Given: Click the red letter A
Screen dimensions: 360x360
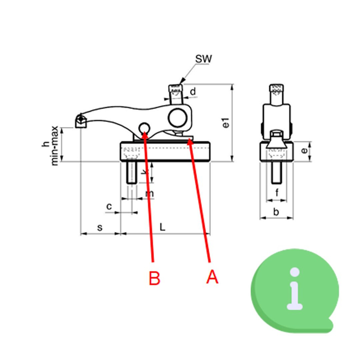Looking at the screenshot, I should point(212,277).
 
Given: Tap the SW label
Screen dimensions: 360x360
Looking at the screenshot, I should point(203,59).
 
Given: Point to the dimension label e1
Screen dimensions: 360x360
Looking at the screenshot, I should point(226,124).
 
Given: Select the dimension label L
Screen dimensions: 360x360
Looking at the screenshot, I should point(162,227).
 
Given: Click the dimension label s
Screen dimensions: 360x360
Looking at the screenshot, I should point(100,228).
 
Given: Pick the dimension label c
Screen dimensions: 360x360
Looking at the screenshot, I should point(109,206).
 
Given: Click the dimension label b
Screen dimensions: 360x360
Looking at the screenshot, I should point(276,212).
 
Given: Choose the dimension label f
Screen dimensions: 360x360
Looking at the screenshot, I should point(277,192).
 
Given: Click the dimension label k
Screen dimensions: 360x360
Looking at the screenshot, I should point(145,172).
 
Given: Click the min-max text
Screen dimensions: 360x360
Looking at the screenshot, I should point(55,145).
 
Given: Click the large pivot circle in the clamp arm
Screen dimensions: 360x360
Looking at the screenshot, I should point(178,118).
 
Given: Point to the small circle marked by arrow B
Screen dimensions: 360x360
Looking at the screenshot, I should point(144,128).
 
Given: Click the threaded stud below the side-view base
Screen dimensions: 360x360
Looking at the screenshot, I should point(276,173).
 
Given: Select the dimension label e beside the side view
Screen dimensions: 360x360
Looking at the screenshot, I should point(304,151).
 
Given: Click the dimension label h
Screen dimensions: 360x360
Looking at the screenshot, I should point(46,144).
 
